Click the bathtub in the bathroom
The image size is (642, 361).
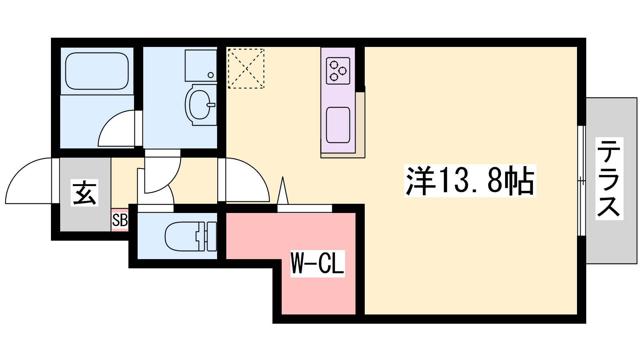coord(97,71)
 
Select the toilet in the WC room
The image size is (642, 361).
coord(191,236)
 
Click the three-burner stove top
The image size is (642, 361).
coord(338,71)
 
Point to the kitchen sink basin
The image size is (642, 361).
coord(338,125)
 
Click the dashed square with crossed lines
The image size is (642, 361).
coord(246,69)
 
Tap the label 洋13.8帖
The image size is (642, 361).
coord(470,181)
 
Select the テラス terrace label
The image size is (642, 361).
coord(609,178)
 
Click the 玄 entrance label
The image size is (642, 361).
coord(84,193)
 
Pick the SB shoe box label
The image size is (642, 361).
coord(120,221)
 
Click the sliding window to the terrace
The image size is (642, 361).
coord(581,181)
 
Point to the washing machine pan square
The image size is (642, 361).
coord(201,66)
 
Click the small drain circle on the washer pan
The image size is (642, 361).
coord(211,75)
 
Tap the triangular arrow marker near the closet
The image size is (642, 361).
coord(283,190)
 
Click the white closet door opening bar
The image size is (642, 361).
coord(305,208)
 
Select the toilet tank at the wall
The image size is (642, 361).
coord(211,236)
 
